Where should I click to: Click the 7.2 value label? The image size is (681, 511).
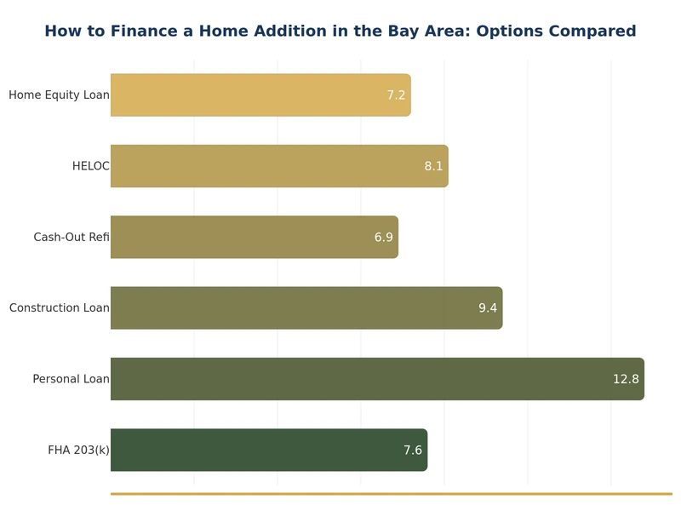pos(396,95)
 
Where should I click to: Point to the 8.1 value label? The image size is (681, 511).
pos(433,166)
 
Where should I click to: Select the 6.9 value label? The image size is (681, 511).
pos(383,238)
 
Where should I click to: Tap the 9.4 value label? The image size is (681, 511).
pos(487,308)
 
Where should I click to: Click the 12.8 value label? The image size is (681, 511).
pos(625,379)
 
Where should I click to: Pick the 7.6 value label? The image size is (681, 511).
pos(412,451)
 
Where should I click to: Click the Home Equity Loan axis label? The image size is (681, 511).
pos(59,95)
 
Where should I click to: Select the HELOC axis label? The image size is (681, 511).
pos(90,166)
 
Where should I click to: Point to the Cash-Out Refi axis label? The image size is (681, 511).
pos(71,238)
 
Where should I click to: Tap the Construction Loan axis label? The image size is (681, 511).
pos(59,308)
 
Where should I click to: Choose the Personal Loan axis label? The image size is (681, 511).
pos(71,379)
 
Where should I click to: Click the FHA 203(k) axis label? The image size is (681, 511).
pos(78,451)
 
